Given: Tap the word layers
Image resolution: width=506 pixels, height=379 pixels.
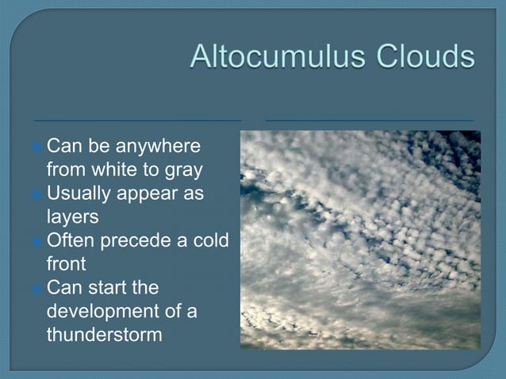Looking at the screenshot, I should tap(72, 216).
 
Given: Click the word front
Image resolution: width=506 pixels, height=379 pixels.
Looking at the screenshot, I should tap(67, 262).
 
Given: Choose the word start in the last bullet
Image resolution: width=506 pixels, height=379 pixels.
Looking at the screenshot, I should tap(105, 286).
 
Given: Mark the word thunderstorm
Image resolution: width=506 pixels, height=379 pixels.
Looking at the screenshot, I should tap(104, 334).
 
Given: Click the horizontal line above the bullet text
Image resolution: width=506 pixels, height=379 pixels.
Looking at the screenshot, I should tap(137, 121).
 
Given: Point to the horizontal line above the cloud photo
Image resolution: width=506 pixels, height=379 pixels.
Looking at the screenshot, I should tap(369, 121).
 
